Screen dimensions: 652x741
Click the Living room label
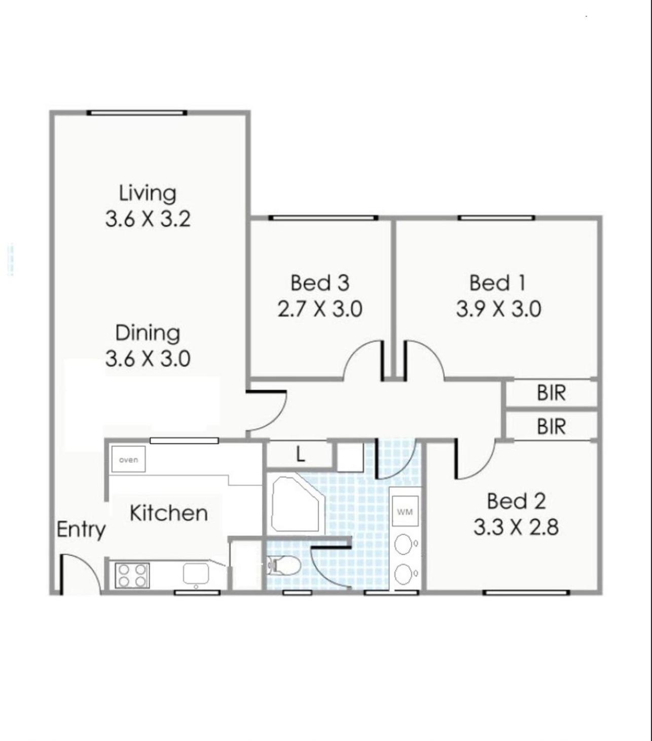[148, 194]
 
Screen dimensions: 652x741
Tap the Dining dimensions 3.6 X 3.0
[148, 358]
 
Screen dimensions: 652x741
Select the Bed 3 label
[320, 283]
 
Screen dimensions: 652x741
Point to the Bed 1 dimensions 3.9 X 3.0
[498, 310]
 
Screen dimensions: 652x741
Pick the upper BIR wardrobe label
[552, 393]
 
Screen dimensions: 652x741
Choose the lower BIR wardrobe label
[552, 426]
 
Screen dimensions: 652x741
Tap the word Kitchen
[169, 513]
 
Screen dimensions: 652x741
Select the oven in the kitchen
[128, 459]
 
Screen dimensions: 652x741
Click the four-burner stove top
[132, 576]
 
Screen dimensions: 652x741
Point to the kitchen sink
[196, 573]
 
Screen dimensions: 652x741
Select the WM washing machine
[405, 512]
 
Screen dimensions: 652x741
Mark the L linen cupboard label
[301, 455]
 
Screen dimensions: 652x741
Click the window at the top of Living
[137, 113]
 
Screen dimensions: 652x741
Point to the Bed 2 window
[526, 593]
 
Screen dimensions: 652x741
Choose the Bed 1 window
[496, 218]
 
